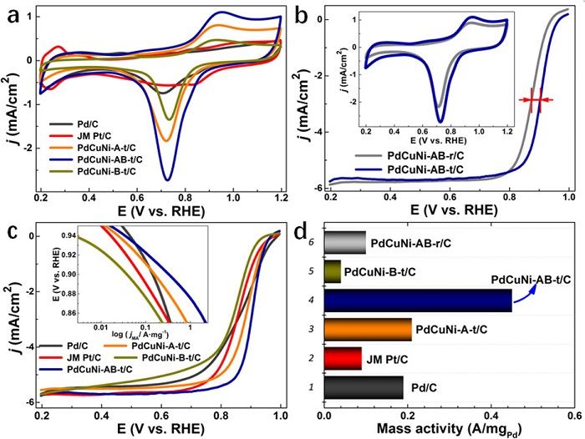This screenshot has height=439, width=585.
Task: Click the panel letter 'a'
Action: [x=14, y=17]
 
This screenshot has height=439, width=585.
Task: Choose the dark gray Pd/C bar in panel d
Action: [x=364, y=388]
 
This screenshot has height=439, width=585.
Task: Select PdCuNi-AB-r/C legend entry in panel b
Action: [x=418, y=156]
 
